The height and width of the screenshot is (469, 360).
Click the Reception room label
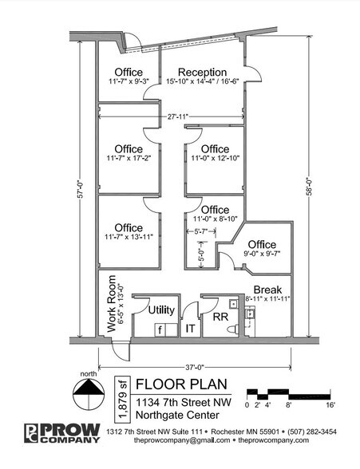[202, 72]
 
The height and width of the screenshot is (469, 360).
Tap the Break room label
[267, 290]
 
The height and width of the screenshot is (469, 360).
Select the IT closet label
[190, 329]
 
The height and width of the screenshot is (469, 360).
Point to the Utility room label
[161, 309]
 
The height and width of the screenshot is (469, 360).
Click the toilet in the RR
[233, 329]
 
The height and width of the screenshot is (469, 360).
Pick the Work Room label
[111, 304]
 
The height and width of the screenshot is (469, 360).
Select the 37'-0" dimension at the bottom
[195, 367]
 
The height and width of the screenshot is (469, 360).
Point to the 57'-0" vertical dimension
[80, 189]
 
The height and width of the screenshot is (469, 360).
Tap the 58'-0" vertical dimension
[310, 187]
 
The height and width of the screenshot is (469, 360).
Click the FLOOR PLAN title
[181, 384]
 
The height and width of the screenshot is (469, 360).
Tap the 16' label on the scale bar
[330, 405]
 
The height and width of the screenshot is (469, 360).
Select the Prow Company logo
[62, 433]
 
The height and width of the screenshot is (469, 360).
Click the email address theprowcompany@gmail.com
[182, 440]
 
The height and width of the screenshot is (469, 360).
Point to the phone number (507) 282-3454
[312, 432]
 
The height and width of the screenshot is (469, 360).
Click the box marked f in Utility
[160, 330]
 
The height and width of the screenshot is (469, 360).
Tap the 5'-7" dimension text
[201, 231]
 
